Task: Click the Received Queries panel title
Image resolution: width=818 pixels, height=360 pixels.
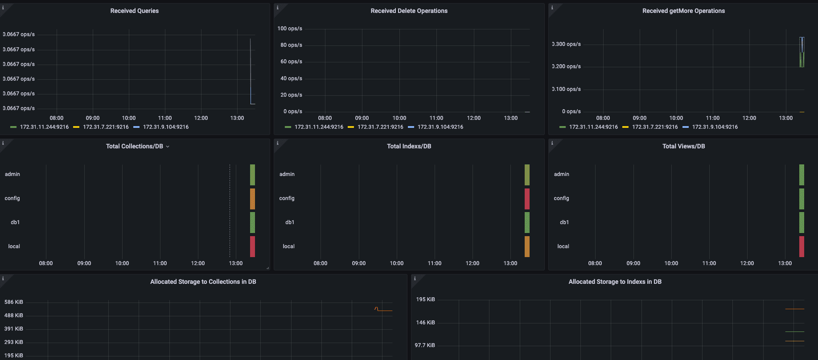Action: pos(134,11)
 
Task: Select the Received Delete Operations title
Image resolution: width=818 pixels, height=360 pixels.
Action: pos(409,11)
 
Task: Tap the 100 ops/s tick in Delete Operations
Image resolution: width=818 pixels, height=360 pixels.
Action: pos(290,29)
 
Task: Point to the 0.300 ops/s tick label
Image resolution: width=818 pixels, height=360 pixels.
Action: pos(567,44)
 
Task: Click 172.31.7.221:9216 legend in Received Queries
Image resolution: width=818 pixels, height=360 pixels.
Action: pos(106,127)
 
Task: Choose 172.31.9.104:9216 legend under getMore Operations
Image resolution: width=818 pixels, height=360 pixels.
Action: pos(715,127)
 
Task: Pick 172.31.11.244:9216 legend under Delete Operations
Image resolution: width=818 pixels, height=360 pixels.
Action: pos(319,127)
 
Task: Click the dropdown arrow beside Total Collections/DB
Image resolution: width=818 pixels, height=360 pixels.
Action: pos(168,147)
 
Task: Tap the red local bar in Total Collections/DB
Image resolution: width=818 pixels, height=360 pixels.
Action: pos(252,246)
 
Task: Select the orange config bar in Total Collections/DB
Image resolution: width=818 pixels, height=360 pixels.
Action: pos(252,199)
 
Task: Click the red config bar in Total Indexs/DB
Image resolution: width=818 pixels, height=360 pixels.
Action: pos(527,199)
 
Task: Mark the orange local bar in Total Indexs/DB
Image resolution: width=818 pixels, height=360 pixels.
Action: pos(527,246)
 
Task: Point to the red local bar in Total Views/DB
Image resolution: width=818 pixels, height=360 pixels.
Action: pos(802,246)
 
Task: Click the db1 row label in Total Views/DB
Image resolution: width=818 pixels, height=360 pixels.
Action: pos(564,222)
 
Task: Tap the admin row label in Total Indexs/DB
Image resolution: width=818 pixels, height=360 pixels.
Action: pos(287,174)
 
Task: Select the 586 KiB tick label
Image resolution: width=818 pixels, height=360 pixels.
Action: pos(14,302)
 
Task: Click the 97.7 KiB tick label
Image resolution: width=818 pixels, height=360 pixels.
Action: pos(425,345)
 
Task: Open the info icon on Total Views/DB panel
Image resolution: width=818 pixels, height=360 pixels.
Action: pos(552,143)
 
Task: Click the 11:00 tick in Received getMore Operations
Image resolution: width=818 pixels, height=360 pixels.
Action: pos(713,118)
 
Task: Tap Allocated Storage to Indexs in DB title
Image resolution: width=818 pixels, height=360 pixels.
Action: pos(615,282)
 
